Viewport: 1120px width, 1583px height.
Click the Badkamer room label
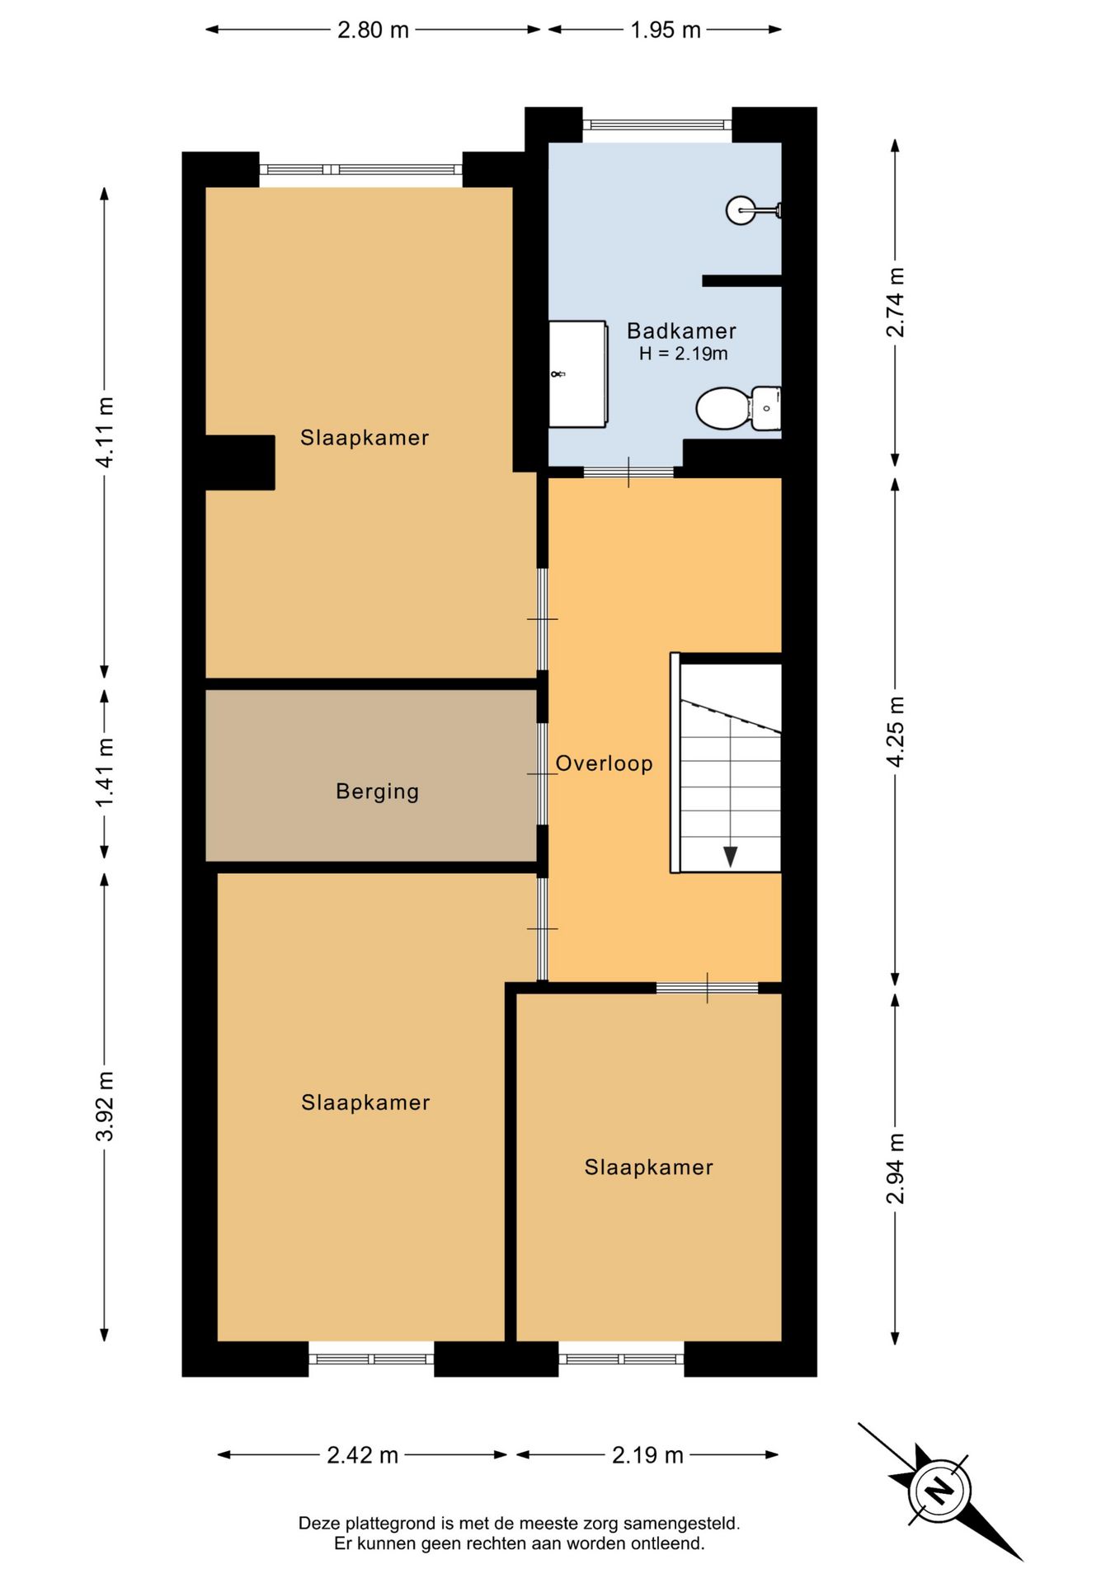(681, 331)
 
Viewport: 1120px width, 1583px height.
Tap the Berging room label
(378, 791)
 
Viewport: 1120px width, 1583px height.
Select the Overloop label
(605, 763)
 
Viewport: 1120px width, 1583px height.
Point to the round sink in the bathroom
(740, 210)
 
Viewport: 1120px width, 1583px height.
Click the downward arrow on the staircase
(731, 857)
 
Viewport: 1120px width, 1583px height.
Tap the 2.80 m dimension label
(373, 30)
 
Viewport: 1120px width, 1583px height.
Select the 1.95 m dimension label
(666, 30)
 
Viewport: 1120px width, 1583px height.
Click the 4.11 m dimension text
(105, 432)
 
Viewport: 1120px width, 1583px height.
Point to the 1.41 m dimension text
(105, 773)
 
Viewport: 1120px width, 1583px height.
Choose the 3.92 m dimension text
(105, 1106)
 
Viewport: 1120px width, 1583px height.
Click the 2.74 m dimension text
(895, 302)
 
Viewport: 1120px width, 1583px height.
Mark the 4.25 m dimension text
(895, 731)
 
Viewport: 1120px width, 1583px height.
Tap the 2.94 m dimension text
(895, 1168)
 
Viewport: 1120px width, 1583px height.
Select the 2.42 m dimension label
(363, 1455)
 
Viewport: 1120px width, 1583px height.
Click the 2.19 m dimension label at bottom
(647, 1455)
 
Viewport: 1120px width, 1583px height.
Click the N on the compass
(939, 1491)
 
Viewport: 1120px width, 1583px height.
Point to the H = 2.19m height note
(684, 354)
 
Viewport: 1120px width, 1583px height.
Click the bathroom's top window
(657, 125)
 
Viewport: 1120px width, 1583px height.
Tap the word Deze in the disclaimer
(319, 1524)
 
